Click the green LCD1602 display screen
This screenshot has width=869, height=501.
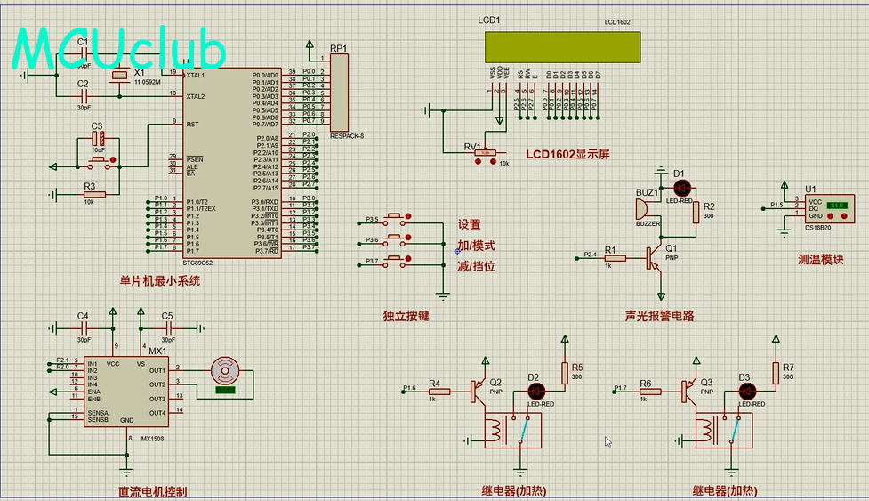pyautogui.click(x=562, y=47)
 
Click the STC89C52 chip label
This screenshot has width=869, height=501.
pyautogui.click(x=197, y=263)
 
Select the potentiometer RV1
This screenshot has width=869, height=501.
pyautogui.click(x=485, y=153)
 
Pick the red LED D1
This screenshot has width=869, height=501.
pyautogui.click(x=682, y=188)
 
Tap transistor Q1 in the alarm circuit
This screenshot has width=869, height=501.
pyautogui.click(x=656, y=257)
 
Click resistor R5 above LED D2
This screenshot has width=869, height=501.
pyautogui.click(x=565, y=374)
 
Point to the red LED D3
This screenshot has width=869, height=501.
pyautogui.click(x=746, y=390)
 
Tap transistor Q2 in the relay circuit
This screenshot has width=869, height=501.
pyautogui.click(x=480, y=389)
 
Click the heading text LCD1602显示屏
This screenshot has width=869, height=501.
pyautogui.click(x=567, y=154)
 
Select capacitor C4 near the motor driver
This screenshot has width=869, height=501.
pyautogui.click(x=83, y=327)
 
